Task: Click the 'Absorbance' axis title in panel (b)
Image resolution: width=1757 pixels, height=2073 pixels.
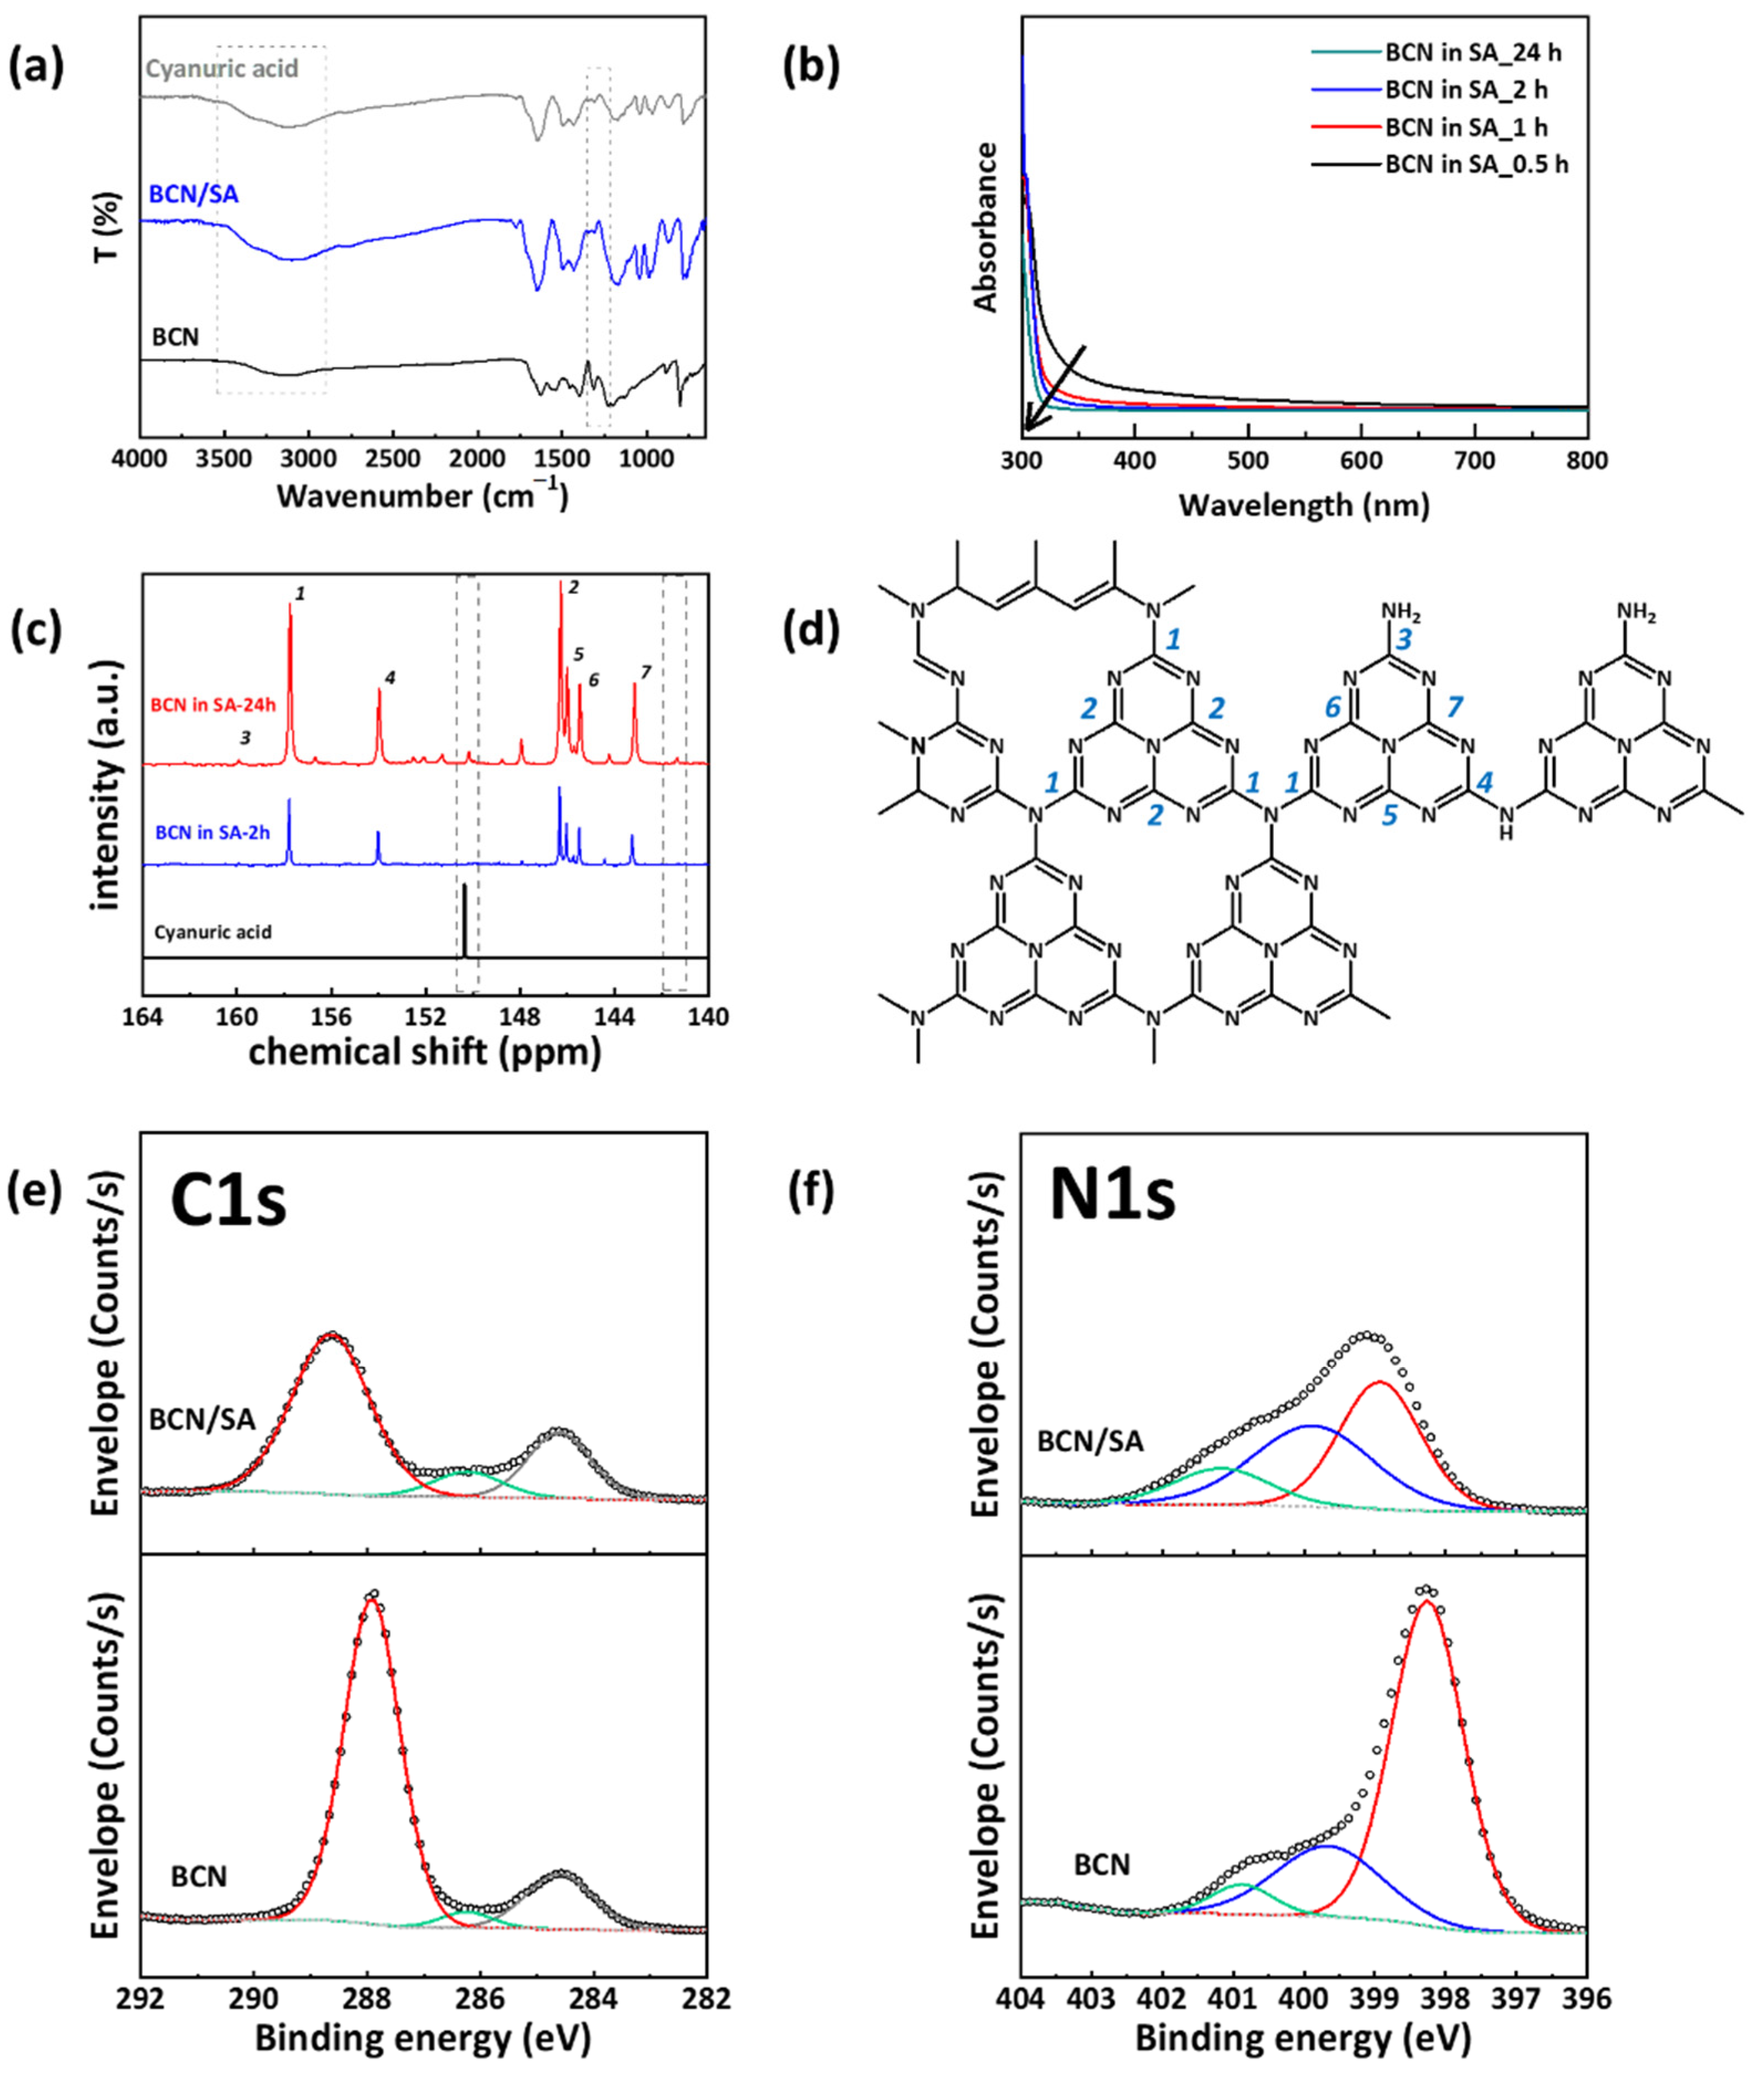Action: (986, 226)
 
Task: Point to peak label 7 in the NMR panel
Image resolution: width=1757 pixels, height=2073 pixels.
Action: (645, 673)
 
